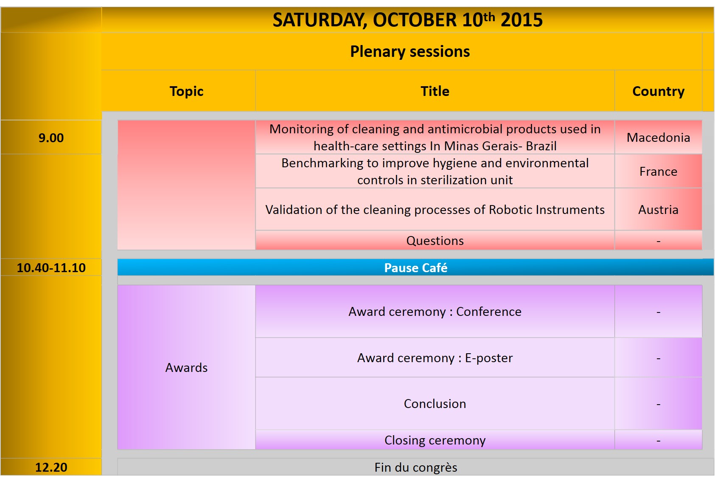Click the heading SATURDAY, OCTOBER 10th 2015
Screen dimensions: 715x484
pyautogui.click(x=407, y=20)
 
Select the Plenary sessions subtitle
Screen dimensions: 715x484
pyautogui.click(x=410, y=51)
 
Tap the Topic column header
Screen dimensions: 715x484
pyautogui.click(x=186, y=91)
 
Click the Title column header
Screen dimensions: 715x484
pyautogui.click(x=435, y=91)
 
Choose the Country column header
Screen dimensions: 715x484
pyautogui.click(x=658, y=91)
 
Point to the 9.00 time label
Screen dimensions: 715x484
pyautogui.click(x=51, y=138)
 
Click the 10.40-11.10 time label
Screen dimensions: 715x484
pyautogui.click(x=51, y=267)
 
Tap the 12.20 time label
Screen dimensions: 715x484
pyautogui.click(x=51, y=467)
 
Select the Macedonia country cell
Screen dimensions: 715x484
pyautogui.click(x=658, y=138)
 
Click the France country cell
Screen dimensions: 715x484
pyautogui.click(x=658, y=172)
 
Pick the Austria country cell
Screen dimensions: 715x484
pyautogui.click(x=658, y=210)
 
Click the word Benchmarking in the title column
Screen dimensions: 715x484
pyautogui.click(x=322, y=163)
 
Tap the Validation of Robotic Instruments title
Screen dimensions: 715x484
pyautogui.click(x=435, y=210)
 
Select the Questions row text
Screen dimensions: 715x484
pyautogui.click(x=435, y=241)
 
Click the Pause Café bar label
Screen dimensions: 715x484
pyautogui.click(x=415, y=267)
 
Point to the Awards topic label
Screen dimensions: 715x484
pyautogui.click(x=186, y=367)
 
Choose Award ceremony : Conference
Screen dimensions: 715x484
pyautogui.click(x=435, y=312)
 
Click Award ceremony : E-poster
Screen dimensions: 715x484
pyautogui.click(x=435, y=358)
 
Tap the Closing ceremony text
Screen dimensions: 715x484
pyautogui.click(x=435, y=440)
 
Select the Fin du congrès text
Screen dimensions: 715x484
pyautogui.click(x=415, y=467)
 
